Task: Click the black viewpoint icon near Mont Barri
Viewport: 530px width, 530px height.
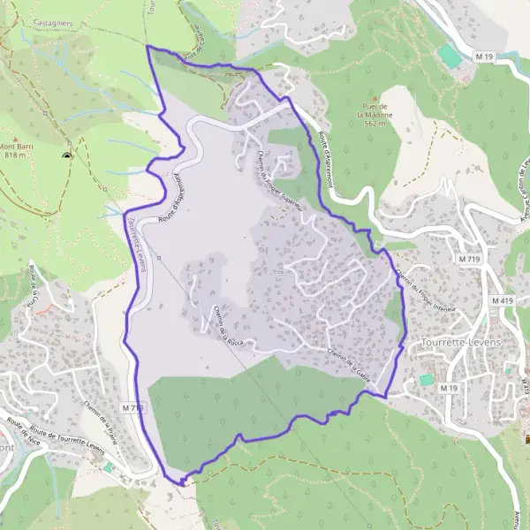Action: click(67, 156)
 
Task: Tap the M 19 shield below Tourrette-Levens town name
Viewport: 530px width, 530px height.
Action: click(451, 387)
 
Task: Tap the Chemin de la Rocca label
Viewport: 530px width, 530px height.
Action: click(228, 324)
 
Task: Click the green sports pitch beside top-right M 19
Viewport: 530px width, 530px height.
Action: click(450, 57)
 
